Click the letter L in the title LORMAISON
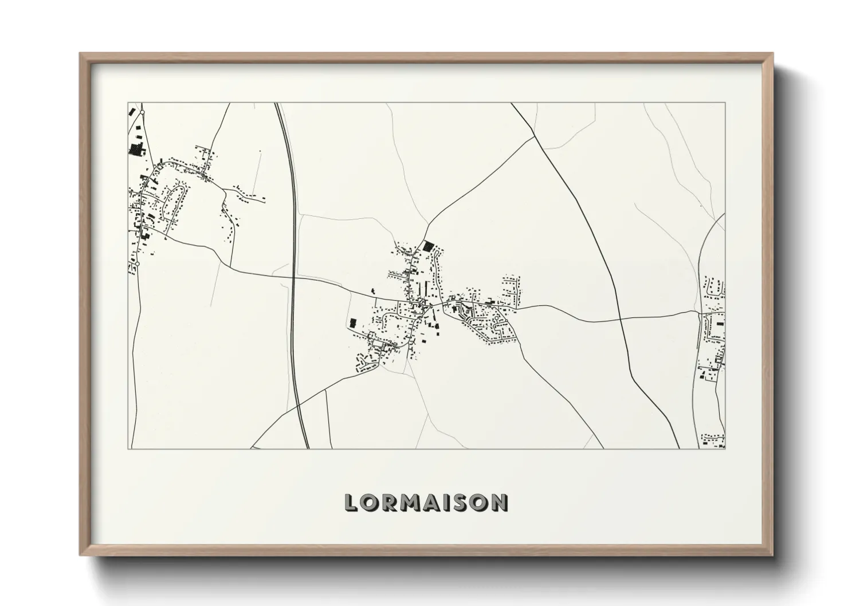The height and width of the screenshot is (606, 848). [352, 503]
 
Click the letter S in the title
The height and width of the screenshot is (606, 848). [462, 503]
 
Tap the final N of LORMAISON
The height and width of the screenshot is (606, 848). [500, 503]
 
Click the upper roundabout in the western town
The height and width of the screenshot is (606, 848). [142, 113]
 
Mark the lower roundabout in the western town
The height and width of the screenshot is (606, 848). [137, 264]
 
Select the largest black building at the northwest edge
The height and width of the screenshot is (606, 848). [136, 150]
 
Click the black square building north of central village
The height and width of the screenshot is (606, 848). [428, 246]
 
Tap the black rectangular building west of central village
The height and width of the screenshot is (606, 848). [352, 323]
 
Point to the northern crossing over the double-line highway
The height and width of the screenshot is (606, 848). [293, 278]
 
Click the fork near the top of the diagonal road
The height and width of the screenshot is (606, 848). [534, 137]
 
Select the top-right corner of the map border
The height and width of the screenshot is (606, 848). [725, 103]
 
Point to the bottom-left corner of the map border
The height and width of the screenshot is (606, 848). [128, 448]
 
